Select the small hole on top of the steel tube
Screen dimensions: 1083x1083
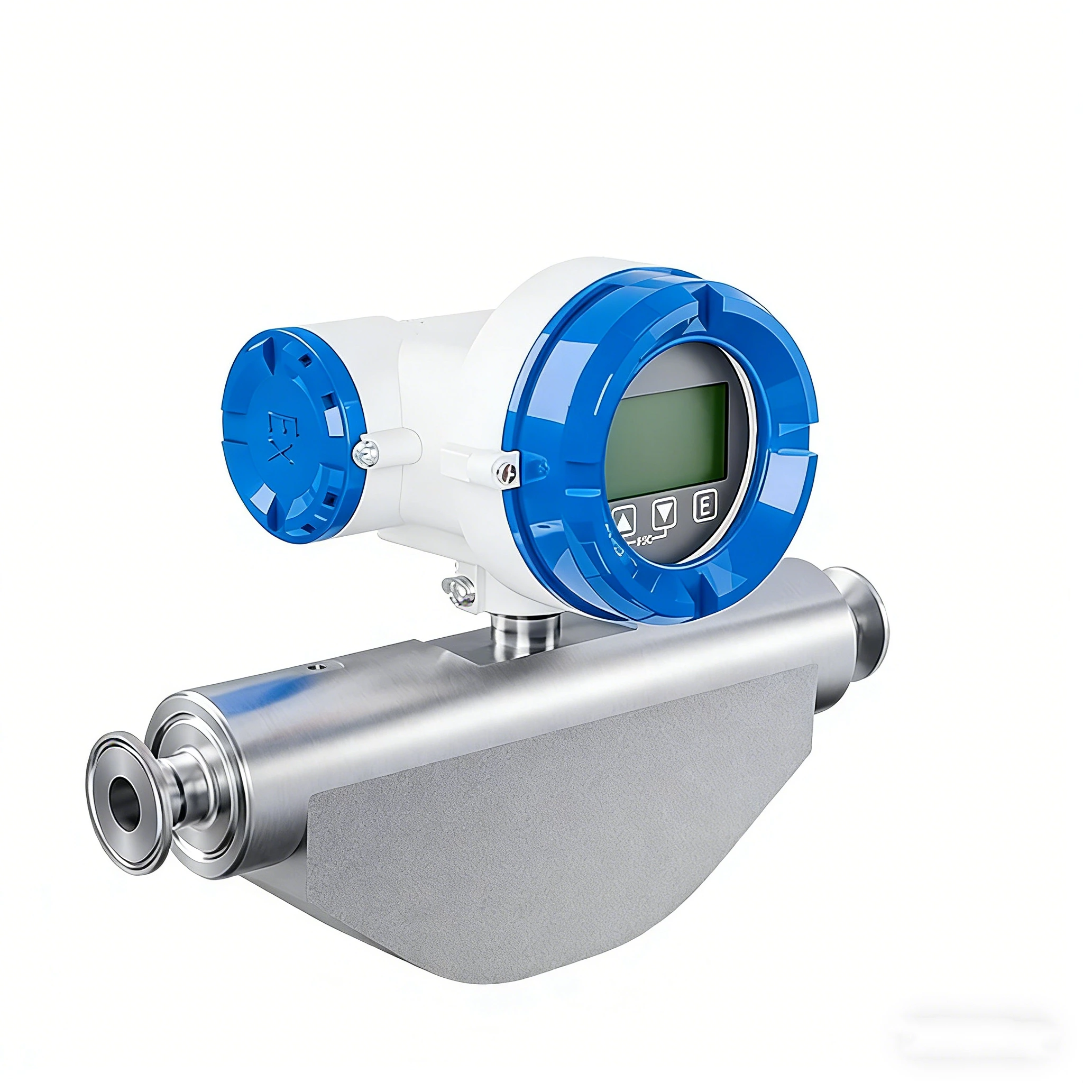(319, 667)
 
